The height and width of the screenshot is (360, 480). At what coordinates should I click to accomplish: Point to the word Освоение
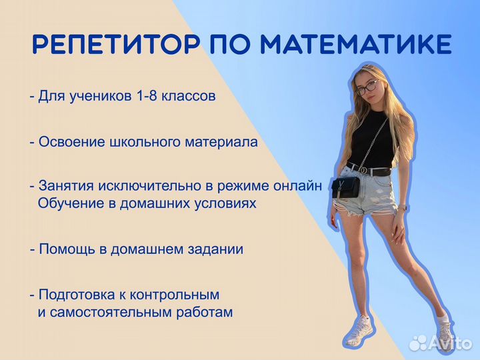click(x=68, y=142)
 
